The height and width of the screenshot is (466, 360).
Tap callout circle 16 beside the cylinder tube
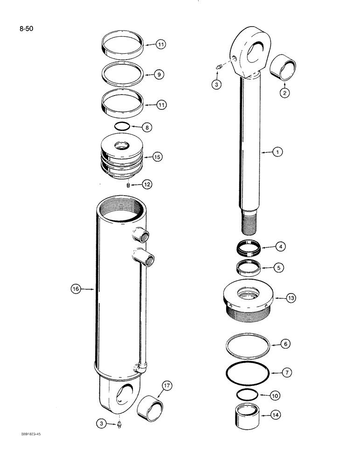point(76,289)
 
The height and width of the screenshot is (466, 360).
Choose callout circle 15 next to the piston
point(157,157)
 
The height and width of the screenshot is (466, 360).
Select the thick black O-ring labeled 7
point(247,373)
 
